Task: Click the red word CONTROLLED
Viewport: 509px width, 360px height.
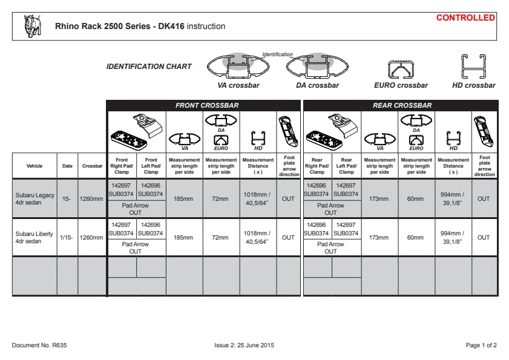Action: [465, 18]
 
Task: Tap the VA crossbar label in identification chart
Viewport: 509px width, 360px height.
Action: [238, 85]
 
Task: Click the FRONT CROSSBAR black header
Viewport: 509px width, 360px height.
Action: [203, 105]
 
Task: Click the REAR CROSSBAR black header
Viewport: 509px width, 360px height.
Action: [400, 105]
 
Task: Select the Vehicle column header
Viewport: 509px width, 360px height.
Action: [34, 166]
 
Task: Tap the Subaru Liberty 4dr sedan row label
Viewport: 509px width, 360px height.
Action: [34, 237]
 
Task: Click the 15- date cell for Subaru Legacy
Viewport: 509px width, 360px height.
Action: [67, 198]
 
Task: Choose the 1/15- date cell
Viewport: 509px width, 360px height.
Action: [67, 237]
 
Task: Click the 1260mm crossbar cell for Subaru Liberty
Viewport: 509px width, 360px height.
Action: [92, 237]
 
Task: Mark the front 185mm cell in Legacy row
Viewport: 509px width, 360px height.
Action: [184, 198]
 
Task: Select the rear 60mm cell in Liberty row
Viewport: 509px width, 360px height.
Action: [416, 237]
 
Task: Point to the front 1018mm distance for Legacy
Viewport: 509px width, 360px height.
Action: [258, 198]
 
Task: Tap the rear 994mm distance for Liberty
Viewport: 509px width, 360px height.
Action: [453, 237]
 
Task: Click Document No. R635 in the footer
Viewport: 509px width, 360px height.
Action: [39, 345]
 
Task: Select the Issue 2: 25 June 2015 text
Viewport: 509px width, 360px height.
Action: [245, 345]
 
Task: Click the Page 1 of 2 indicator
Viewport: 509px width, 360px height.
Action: [481, 345]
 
